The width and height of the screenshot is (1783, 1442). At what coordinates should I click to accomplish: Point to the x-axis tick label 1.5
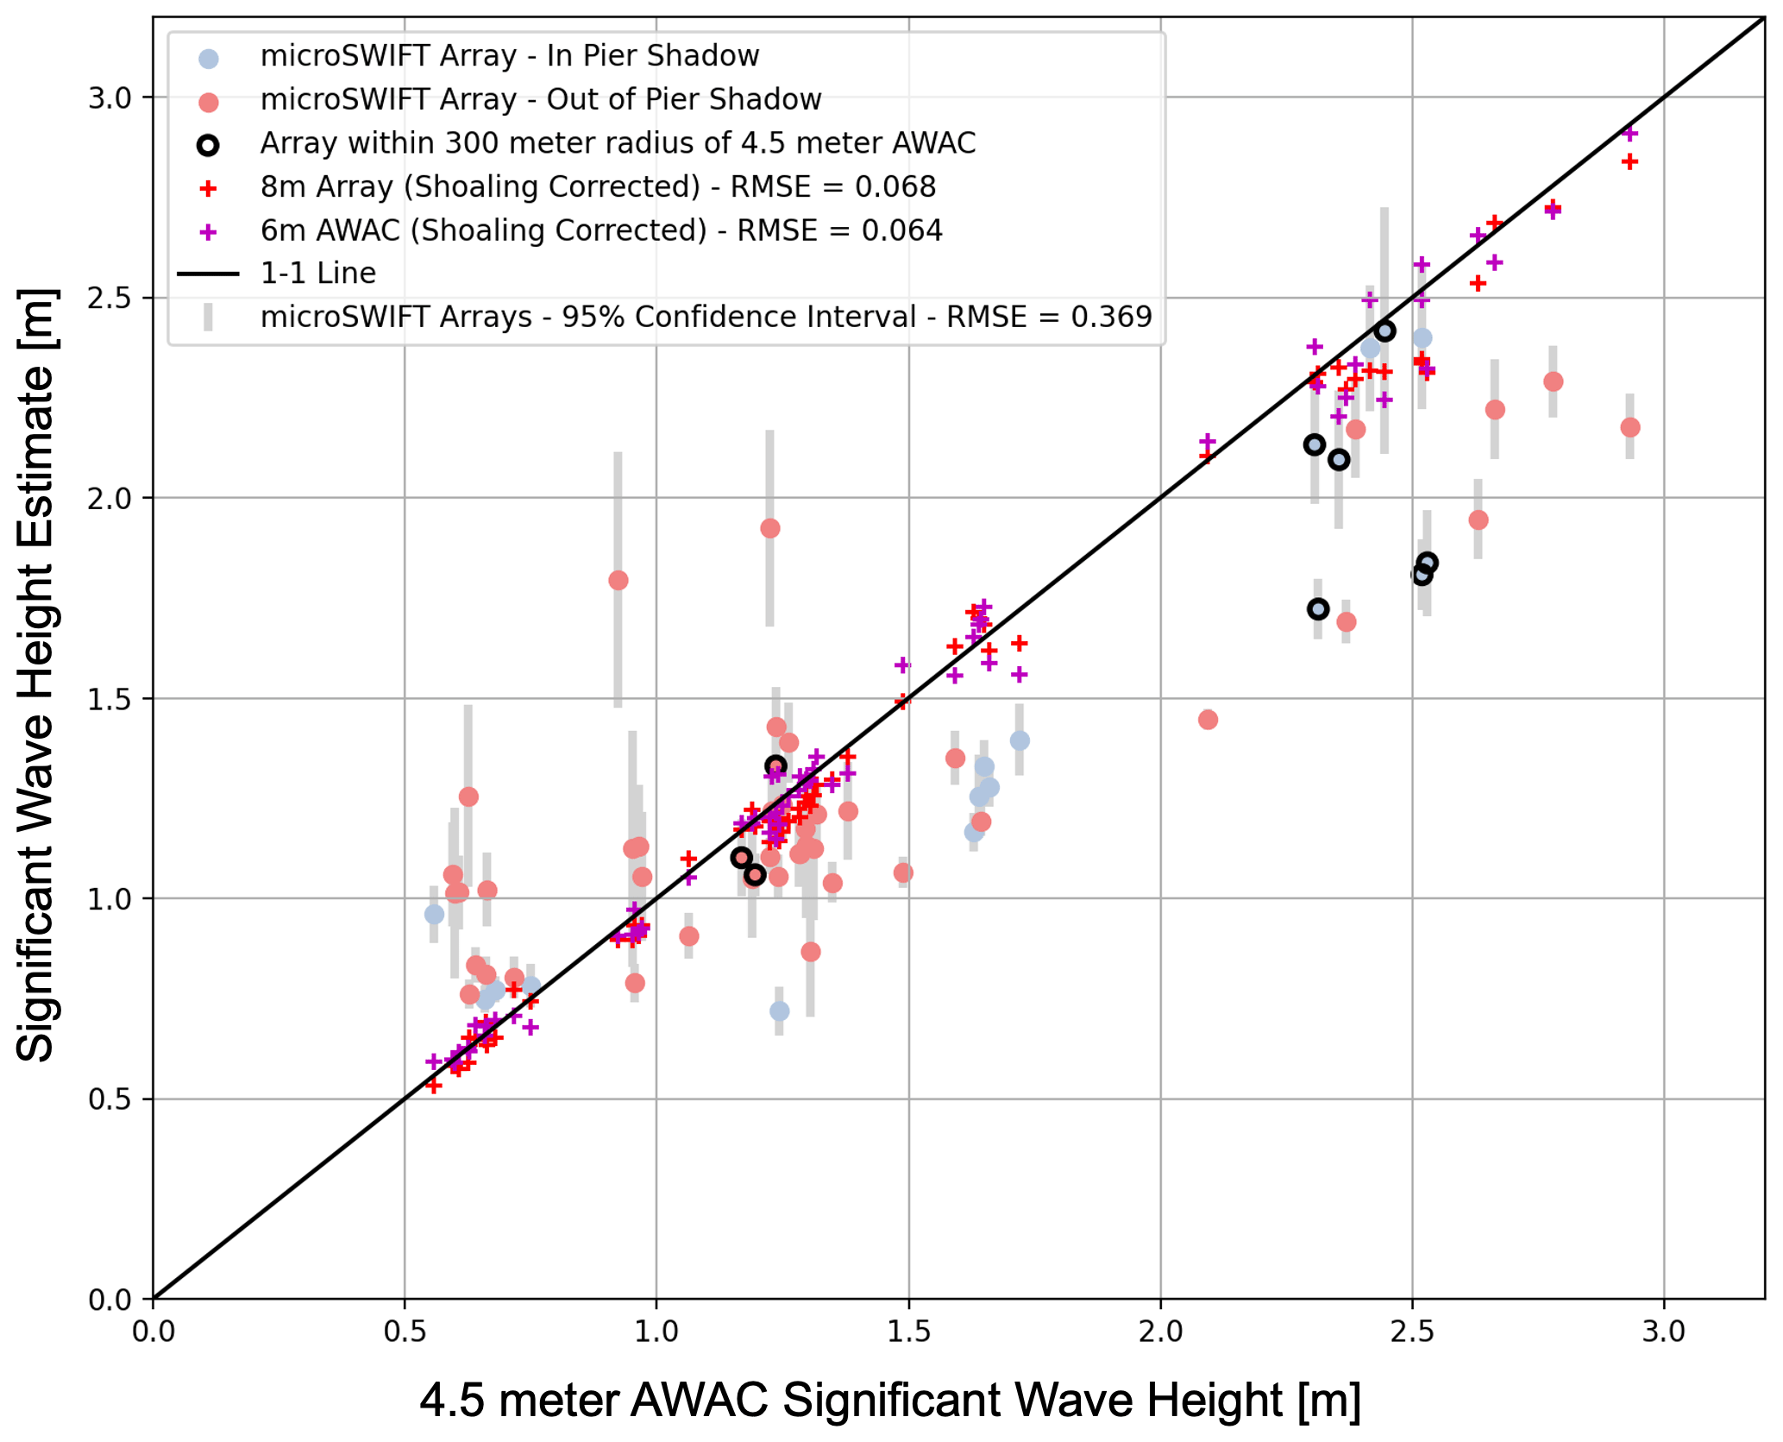908,1332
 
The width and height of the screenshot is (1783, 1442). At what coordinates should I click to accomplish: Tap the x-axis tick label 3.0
1663,1332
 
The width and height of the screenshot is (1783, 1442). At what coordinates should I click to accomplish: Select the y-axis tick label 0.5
109,1100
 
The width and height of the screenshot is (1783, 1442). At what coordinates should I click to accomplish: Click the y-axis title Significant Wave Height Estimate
36,673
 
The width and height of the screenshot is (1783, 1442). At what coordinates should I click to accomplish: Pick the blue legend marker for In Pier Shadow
209,59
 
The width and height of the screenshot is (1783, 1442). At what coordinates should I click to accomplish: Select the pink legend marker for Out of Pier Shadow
209,103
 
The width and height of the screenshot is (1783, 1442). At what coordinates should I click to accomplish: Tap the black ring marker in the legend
208,146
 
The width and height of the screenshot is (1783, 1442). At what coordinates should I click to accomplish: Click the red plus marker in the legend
208,189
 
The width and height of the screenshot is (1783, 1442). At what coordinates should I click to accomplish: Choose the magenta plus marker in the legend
208,232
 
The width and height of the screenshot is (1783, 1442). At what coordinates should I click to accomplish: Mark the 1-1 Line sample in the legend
208,274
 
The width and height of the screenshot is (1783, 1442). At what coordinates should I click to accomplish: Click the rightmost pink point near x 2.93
1629,427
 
